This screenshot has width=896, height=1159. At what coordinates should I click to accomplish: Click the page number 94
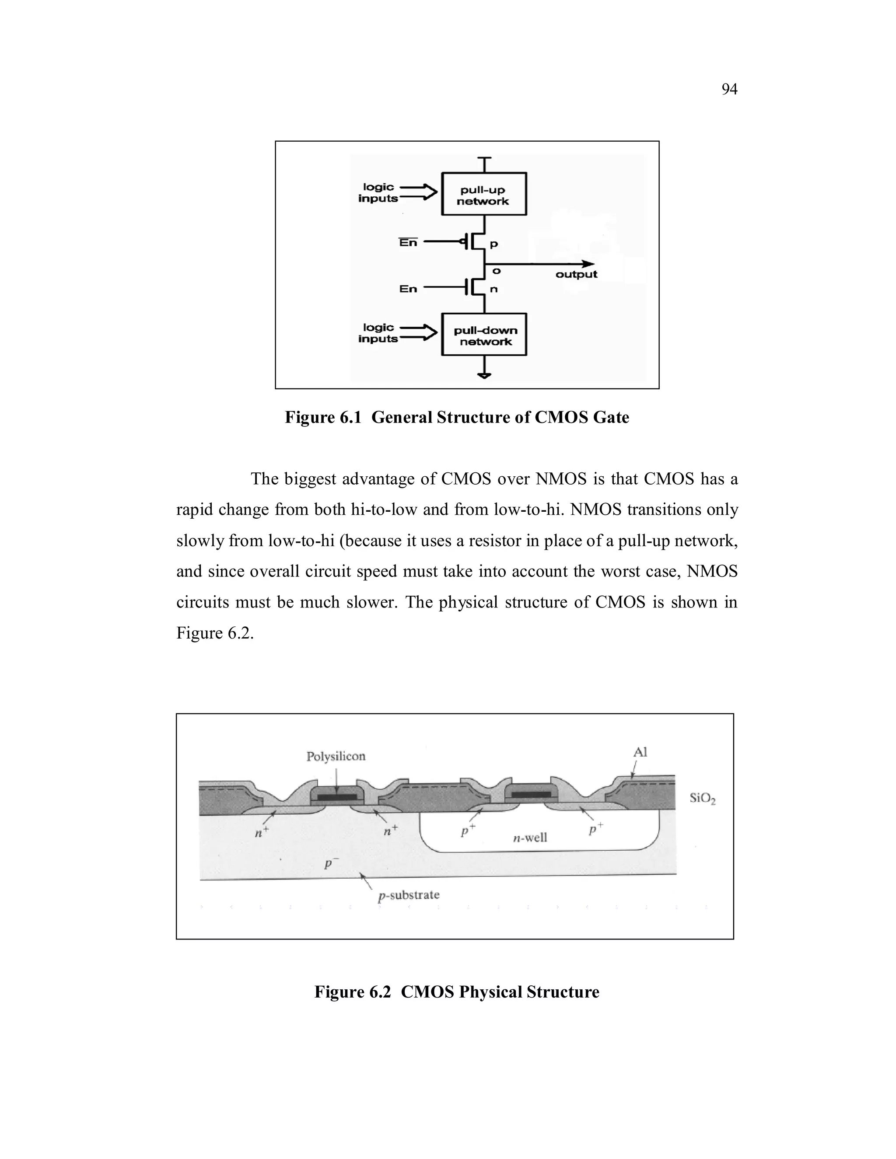[729, 89]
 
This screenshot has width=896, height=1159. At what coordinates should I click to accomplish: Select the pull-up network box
[483, 194]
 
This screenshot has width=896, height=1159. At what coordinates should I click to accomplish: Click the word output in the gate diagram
[576, 274]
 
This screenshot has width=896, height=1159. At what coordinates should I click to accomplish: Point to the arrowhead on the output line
[588, 264]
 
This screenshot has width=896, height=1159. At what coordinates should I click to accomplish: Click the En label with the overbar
[408, 243]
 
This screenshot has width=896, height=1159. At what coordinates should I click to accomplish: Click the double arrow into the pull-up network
[418, 192]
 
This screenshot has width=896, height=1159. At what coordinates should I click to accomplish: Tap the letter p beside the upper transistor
[493, 244]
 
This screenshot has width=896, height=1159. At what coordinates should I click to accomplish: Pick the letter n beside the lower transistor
[493, 290]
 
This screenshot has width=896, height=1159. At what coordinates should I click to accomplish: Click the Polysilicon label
[336, 756]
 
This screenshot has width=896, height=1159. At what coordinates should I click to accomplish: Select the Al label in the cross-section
[640, 752]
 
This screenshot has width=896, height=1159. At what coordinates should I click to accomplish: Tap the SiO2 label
[702, 798]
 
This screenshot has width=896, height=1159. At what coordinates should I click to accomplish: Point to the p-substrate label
[408, 895]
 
